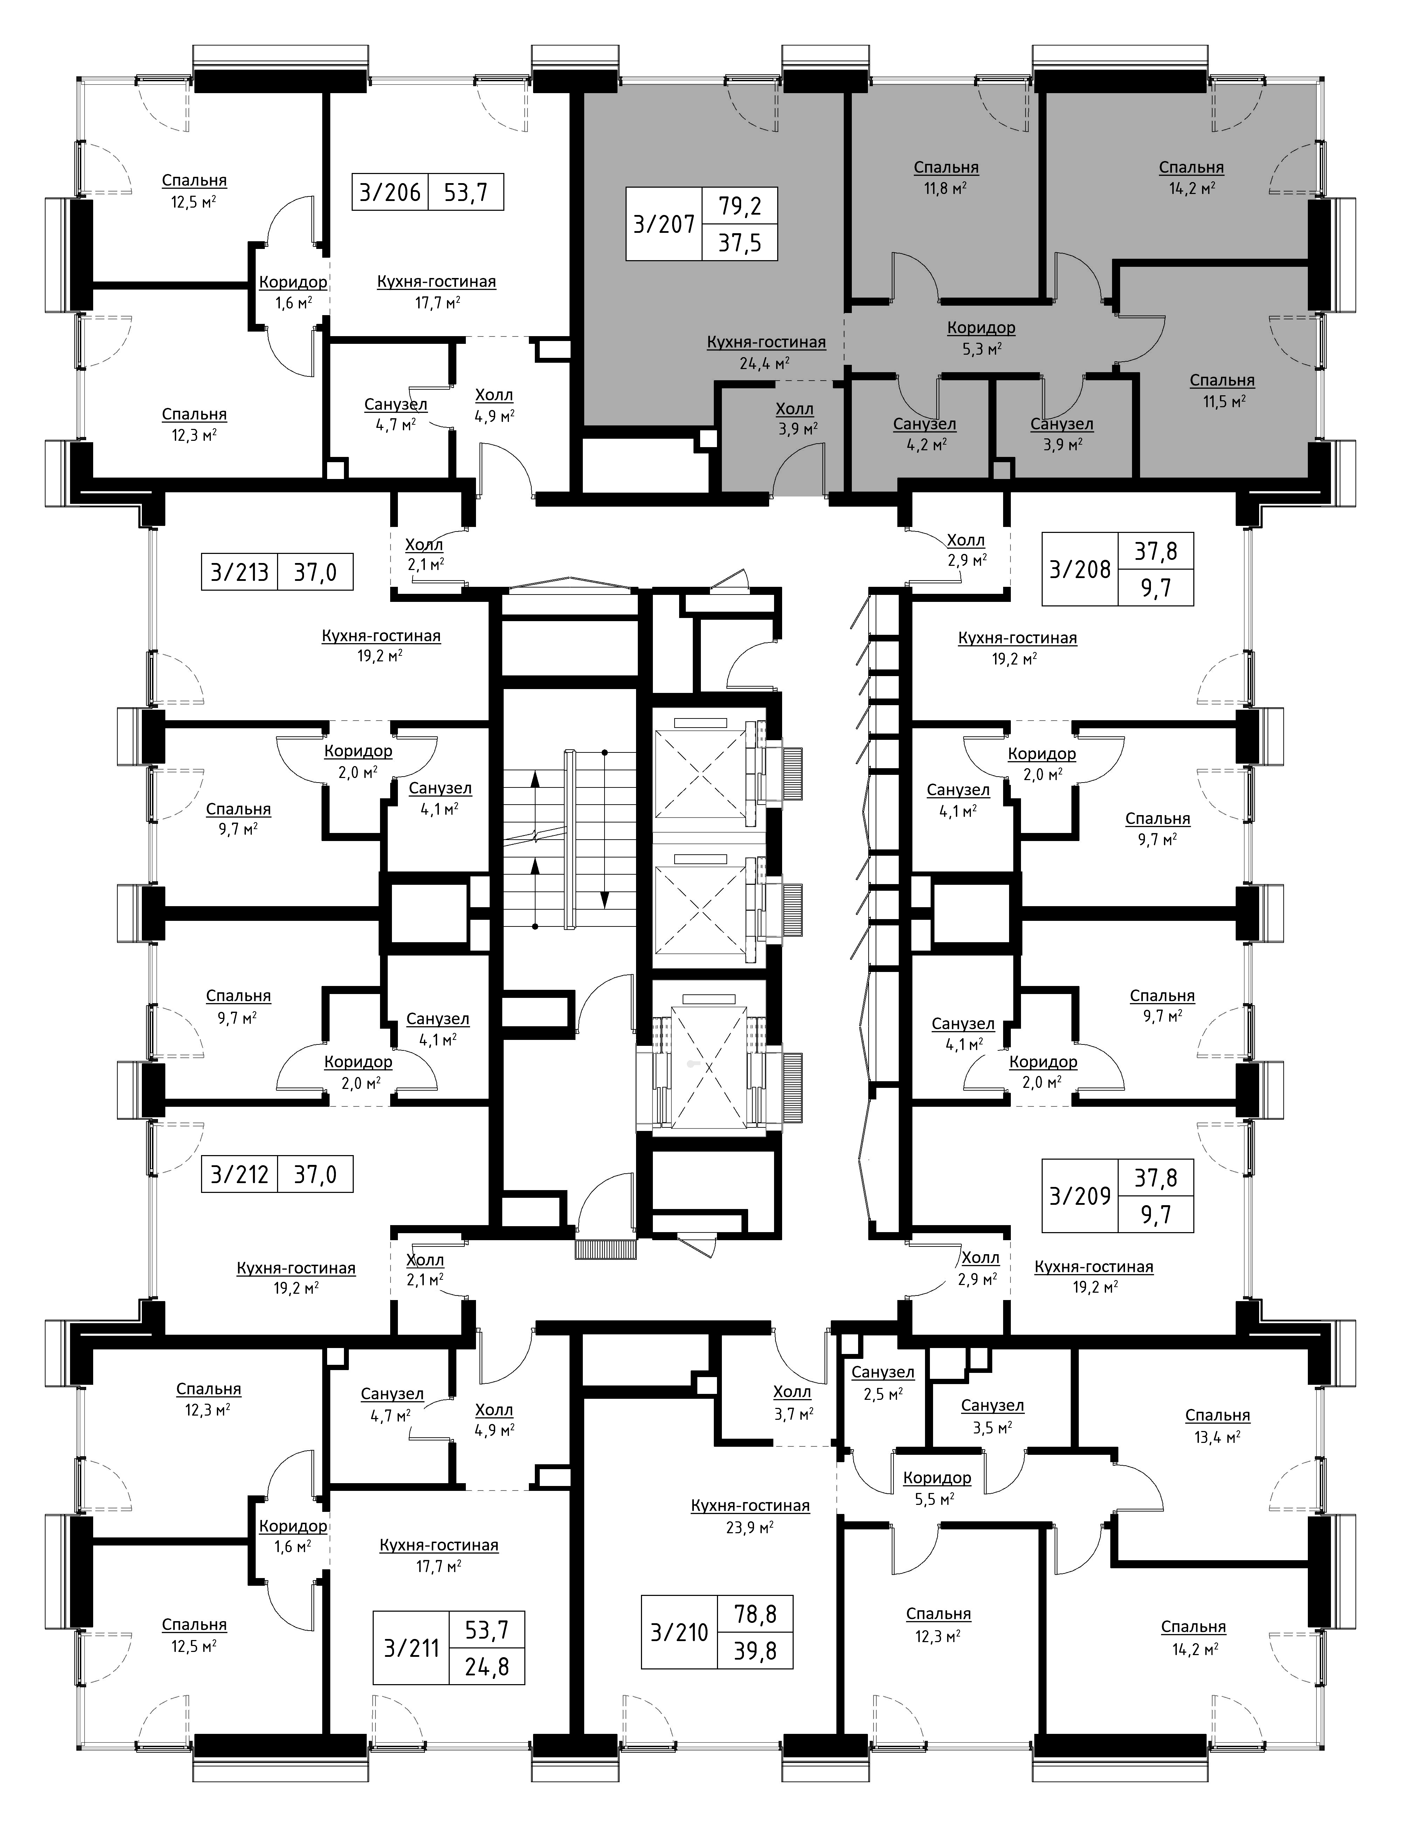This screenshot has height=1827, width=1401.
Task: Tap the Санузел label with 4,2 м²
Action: [x=924, y=424]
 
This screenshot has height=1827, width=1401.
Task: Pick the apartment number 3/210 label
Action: [x=679, y=1632]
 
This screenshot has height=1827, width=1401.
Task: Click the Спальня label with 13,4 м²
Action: [x=1217, y=1415]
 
